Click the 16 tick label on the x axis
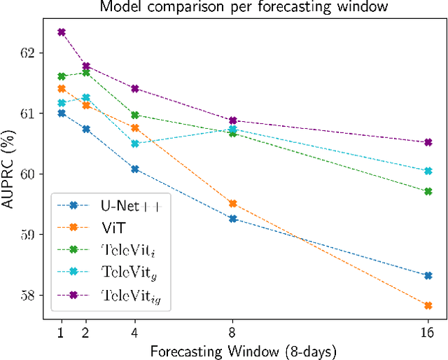click(428, 332)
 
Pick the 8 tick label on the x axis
click(232, 332)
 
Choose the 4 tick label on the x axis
click(135, 332)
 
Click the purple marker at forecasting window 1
click(62, 32)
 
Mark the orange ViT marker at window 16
click(428, 305)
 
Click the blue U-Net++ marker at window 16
click(428, 275)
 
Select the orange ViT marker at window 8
click(232, 204)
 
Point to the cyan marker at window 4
click(135, 144)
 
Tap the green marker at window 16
click(428, 191)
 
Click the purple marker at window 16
click(428, 142)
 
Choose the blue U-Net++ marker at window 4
click(135, 169)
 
